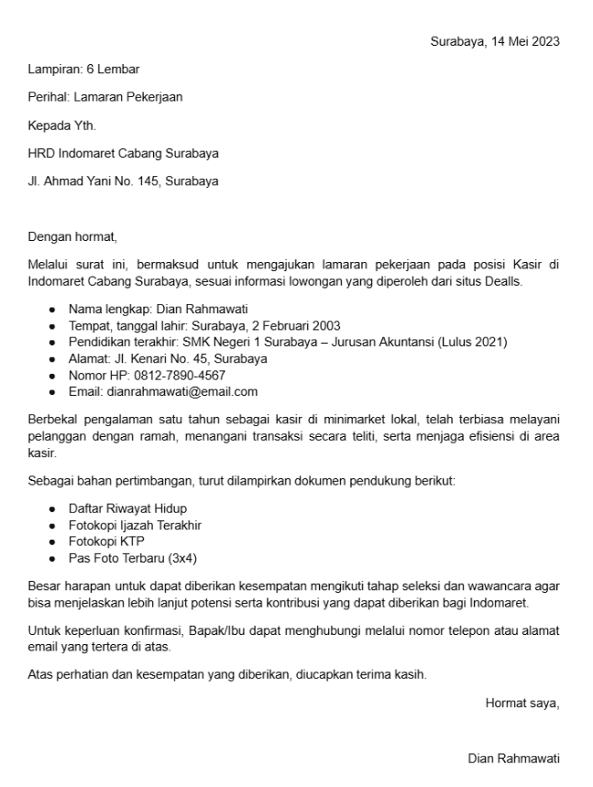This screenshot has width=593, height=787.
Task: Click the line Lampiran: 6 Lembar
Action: [x=83, y=69]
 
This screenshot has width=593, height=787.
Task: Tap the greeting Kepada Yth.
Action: [x=61, y=126]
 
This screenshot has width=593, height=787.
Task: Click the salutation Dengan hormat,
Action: [x=72, y=237]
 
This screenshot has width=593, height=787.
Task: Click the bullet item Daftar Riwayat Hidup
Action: [x=127, y=508]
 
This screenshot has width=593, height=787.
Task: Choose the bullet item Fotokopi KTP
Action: [x=106, y=541]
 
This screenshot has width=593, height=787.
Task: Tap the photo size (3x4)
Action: [x=180, y=557]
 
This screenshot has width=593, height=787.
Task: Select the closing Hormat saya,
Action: [x=522, y=704]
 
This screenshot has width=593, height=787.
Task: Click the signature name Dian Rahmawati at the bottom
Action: [x=513, y=759]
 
